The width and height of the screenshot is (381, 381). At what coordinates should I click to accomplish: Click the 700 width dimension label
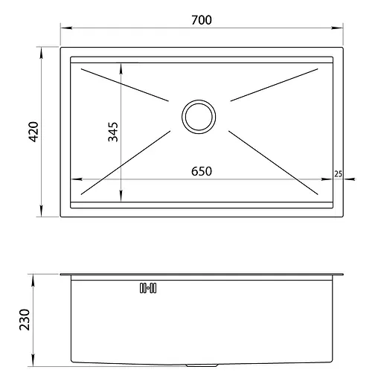point(202,20)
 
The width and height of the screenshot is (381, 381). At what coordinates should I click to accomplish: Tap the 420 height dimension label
point(33,132)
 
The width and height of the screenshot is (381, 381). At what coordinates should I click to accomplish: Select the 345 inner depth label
point(113,132)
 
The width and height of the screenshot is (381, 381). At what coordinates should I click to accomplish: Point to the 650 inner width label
point(202,171)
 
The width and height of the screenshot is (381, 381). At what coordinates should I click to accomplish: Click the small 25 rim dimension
point(338,174)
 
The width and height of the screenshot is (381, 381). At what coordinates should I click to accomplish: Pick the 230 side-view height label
point(25,320)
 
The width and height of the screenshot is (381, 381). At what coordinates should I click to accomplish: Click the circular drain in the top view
point(199,117)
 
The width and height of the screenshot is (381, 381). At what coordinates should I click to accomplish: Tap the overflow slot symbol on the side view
point(148,288)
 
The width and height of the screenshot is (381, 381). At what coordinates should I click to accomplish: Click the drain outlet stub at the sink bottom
point(202,365)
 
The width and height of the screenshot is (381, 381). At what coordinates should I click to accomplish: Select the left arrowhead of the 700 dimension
point(66,28)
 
